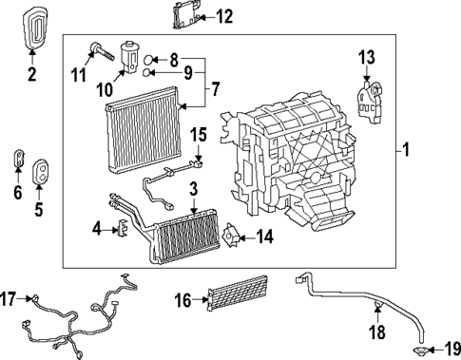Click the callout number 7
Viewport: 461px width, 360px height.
[x=215, y=90]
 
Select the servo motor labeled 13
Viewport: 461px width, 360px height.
[x=368, y=100]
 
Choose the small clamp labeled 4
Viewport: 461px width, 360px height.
[x=122, y=228]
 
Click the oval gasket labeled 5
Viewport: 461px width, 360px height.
[x=43, y=174]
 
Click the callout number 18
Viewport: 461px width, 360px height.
[x=377, y=332]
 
